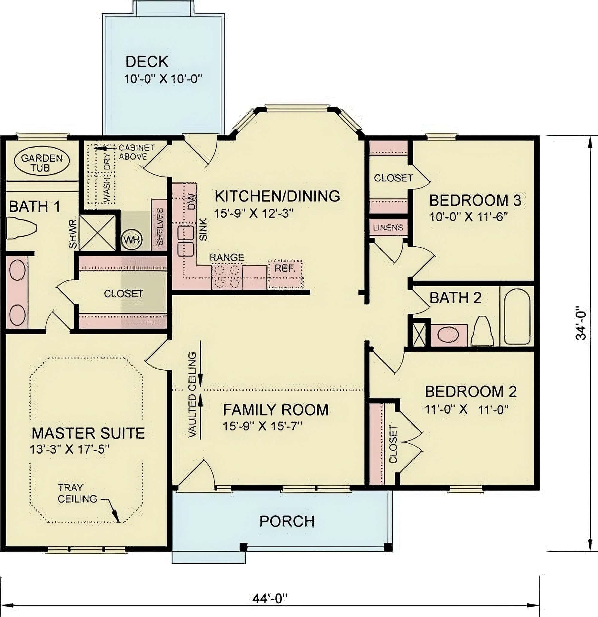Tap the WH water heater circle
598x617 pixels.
[132, 240]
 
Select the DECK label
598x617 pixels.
[147, 62]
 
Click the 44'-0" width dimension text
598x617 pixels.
[270, 598]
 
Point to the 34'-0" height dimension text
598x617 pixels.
[581, 323]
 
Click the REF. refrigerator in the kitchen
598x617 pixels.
[285, 273]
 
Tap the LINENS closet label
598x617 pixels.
[388, 227]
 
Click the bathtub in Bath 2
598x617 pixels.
[517, 316]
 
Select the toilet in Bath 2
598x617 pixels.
[482, 332]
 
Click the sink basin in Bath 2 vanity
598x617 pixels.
[448, 335]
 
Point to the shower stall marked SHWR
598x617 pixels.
[97, 233]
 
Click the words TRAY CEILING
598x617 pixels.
[77, 493]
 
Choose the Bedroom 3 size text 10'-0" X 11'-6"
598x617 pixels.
[468, 217]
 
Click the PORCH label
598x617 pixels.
[287, 521]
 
